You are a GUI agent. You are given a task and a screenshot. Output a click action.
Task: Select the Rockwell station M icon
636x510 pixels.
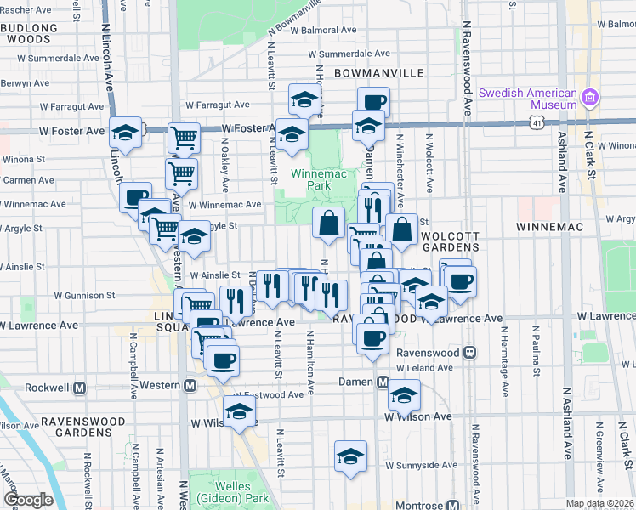coord(80,388)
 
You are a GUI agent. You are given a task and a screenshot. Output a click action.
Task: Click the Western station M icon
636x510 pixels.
coord(190,385)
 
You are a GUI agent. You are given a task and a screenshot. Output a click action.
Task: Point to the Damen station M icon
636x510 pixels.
coord(383,382)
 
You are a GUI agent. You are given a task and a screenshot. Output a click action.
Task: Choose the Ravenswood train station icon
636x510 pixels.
coord(468,352)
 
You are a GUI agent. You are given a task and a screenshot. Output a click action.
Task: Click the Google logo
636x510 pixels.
coord(28,500)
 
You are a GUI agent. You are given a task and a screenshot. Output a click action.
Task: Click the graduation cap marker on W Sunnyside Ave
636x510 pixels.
coord(350,456)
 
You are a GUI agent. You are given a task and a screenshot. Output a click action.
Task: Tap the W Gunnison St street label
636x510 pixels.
coord(85,296)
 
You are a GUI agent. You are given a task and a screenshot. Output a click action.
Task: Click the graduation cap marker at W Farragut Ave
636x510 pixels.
coord(304,100)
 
